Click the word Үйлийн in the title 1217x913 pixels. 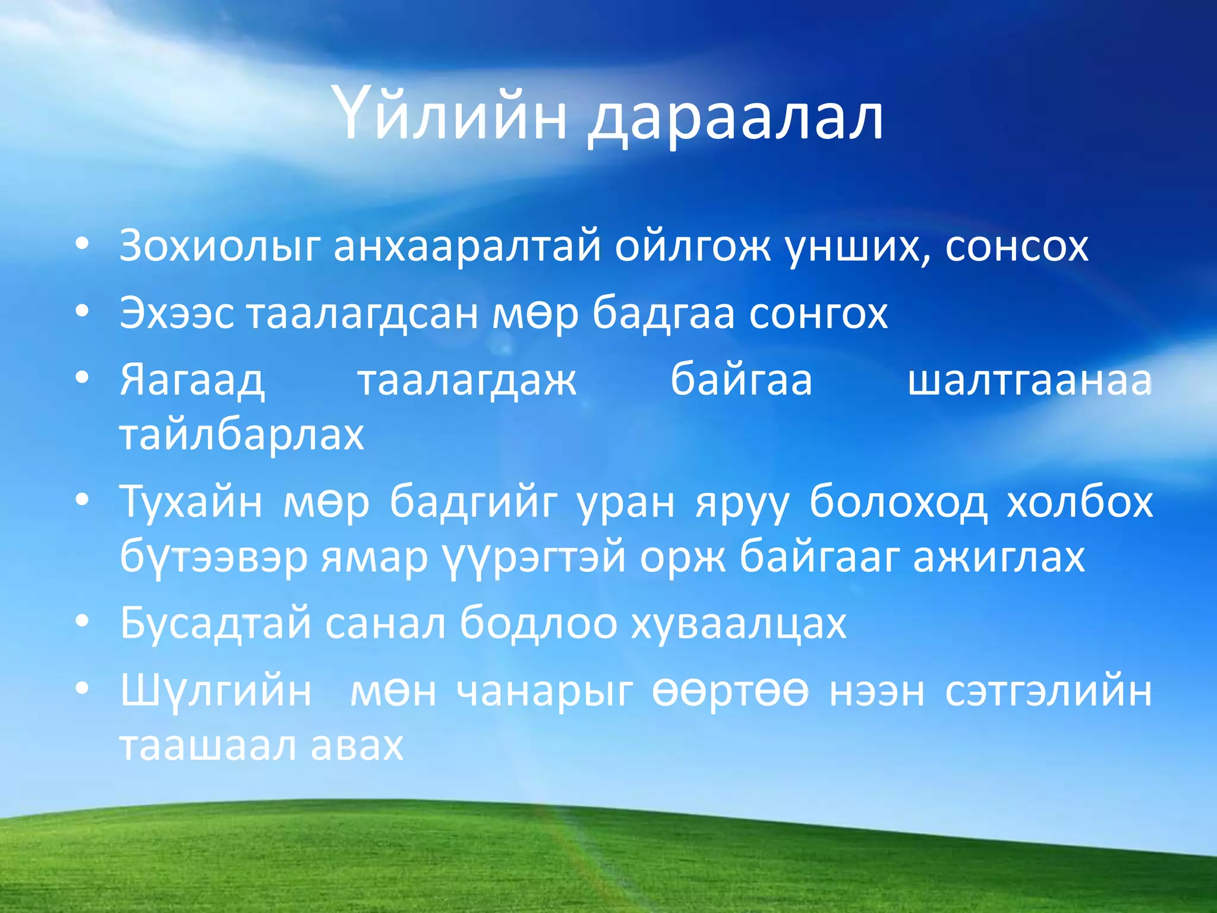point(450,115)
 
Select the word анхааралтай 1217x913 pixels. point(467,247)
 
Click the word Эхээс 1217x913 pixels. point(176,314)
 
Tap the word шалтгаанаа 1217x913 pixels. point(1030,380)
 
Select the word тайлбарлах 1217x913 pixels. point(242,435)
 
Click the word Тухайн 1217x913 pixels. point(191,503)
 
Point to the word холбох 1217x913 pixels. point(1080,502)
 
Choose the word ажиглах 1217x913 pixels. point(999,558)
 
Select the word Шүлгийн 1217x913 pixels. point(216,692)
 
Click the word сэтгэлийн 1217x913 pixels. point(1048,692)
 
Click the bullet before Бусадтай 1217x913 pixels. point(83,621)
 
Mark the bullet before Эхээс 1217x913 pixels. point(83,311)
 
